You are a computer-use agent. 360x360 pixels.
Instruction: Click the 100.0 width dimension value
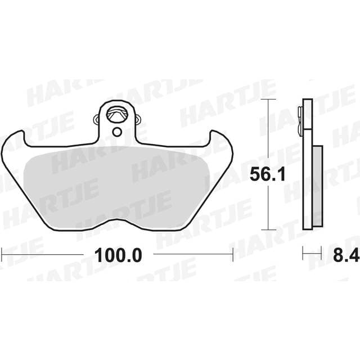[x=118, y=255]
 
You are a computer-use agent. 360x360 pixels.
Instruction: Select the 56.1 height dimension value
[x=268, y=174]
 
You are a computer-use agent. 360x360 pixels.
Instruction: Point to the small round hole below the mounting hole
[x=117, y=132]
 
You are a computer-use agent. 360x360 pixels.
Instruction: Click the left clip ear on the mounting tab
[x=97, y=119]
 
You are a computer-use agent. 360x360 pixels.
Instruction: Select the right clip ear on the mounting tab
[x=138, y=119]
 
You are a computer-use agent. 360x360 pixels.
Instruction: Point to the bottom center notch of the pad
[x=117, y=220]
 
